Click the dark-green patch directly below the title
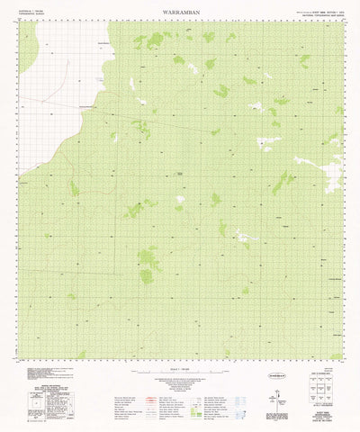(x=155, y=39)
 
